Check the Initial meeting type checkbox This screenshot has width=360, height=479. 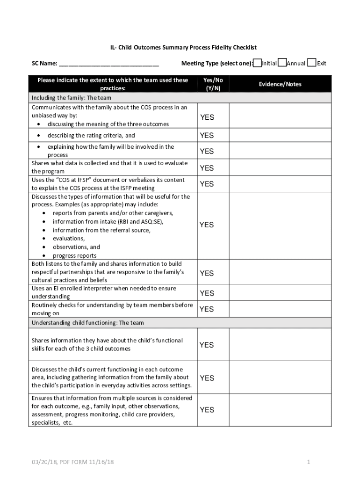pos(258,63)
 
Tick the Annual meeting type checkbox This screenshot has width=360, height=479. pos(282,63)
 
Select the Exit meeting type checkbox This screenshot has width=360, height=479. pos(312,63)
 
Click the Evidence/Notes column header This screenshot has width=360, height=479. pos(280,84)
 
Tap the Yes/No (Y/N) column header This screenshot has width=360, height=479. pos(213,84)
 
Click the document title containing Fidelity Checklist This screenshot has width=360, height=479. pos(180,48)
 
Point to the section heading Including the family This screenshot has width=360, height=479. pos(71,98)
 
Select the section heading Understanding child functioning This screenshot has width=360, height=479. pos(87,323)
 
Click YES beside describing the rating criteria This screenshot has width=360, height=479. pos(207,135)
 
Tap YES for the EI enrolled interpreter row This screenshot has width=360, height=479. pos(207,293)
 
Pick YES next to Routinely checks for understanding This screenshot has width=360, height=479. pos(207,309)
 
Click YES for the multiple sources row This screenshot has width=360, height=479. pos(207,410)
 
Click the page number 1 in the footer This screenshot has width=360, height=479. pos(309,463)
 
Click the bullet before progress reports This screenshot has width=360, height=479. pos(44,256)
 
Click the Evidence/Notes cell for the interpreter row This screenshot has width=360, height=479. pos(280,293)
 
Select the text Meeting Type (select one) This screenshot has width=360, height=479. pos(217,64)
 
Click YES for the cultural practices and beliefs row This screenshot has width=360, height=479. pos(207,273)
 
